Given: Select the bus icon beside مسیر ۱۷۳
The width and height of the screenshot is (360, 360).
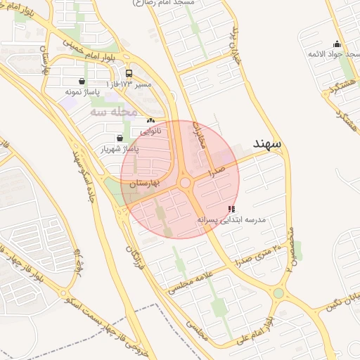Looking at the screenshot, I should [129, 73].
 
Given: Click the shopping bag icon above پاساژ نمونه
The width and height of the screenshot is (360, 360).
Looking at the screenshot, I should [83, 81].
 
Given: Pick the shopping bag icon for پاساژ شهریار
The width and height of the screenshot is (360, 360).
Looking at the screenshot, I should [118, 138].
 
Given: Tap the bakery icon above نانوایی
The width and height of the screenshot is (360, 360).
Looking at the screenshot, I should [150, 120].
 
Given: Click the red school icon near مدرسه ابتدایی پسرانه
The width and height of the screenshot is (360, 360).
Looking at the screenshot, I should [232, 209].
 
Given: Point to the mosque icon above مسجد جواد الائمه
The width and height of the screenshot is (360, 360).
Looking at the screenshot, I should [337, 44].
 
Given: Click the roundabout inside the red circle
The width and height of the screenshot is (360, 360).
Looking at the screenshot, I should [186, 184].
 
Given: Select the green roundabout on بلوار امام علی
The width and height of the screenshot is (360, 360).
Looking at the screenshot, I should [278, 293].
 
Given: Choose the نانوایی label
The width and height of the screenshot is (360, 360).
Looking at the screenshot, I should [150, 131].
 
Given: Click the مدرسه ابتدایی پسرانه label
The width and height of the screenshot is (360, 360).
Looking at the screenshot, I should [232, 220].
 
